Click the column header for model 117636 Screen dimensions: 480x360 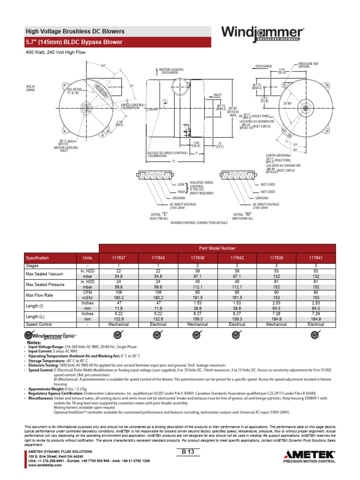pyautogui.click(x=197, y=258)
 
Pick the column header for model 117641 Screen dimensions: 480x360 pyautogui.click(x=315, y=258)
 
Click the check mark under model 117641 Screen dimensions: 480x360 pyautogui.click(x=315, y=334)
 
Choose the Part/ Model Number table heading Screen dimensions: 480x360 pyautogui.click(x=217, y=248)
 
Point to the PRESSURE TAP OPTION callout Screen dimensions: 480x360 pyautogui.click(x=307, y=65)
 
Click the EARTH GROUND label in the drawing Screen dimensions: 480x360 pyautogui.click(x=277, y=155)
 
